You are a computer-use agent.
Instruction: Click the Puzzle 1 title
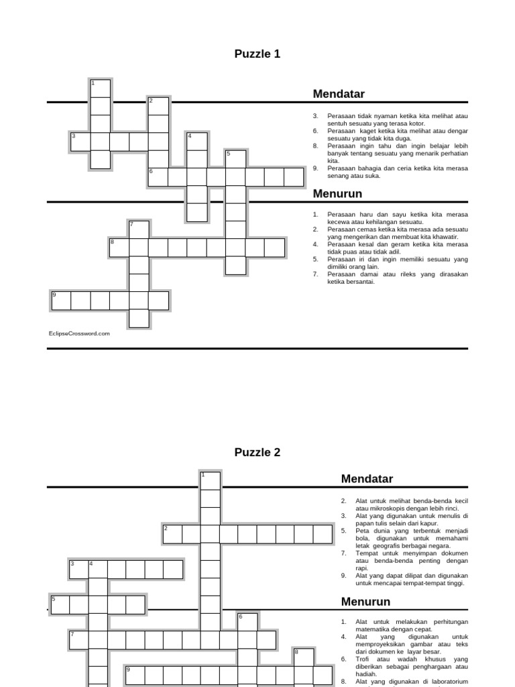(257, 54)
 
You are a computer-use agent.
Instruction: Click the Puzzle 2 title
(257, 452)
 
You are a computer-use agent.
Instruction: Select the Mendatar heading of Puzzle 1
(339, 94)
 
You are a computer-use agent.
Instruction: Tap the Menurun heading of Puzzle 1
(337, 194)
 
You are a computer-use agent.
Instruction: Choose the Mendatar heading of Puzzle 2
(367, 478)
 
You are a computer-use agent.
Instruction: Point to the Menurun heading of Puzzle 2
(365, 601)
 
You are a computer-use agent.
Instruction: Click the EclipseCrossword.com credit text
(78, 333)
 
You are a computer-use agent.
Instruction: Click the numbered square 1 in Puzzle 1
(100, 88)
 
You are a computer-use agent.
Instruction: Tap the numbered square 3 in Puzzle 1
(80, 142)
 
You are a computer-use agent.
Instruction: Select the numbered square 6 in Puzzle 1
(158, 176)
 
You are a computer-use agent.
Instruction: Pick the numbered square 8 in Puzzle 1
(119, 247)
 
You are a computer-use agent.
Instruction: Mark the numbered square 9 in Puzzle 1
(61, 300)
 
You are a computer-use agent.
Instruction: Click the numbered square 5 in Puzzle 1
(235, 159)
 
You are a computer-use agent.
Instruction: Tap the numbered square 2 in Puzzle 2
(172, 533)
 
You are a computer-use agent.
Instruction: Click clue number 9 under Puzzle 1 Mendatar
(315, 169)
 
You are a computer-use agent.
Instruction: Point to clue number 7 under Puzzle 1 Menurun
(314, 274)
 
